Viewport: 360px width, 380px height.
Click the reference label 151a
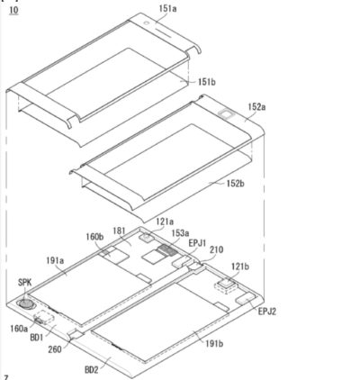pos(167,8)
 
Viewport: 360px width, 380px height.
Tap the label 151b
pos(207,82)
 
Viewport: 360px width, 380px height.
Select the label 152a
pos(256,107)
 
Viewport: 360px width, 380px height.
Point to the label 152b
pos(235,184)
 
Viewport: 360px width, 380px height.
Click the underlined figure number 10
pos(13,10)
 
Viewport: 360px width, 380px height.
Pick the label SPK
pos(25,282)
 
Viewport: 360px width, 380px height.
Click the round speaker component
pos(26,303)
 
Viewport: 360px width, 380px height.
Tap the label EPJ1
pos(197,243)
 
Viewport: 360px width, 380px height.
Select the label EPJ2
pos(267,312)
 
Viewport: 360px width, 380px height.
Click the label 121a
pos(165,222)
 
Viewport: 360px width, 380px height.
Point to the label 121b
pos(240,267)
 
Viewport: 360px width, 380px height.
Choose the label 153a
pos(180,233)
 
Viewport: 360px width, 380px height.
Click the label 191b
pos(214,343)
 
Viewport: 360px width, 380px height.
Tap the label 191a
pos(55,260)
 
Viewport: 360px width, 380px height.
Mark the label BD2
pos(92,370)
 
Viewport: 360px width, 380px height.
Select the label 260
pos(55,349)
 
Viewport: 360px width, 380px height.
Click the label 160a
pos(19,329)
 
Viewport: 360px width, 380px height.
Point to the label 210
pos(217,249)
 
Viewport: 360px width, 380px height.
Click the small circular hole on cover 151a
pos(146,23)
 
